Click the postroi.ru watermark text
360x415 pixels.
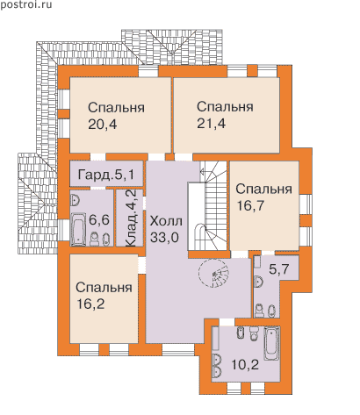pos(26,4)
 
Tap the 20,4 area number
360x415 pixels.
pos(102,125)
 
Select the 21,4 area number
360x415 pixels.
pos(211,124)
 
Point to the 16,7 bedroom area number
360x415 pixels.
pos(250,206)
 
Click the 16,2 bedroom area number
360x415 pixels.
pos(90,304)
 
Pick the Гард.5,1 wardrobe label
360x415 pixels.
pos(106,175)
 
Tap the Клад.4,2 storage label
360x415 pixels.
pos(133,218)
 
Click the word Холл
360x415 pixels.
pos(166,221)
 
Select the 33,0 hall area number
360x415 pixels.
pos(164,238)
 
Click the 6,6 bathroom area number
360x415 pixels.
pos(99,220)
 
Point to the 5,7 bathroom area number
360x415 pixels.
pos(279,269)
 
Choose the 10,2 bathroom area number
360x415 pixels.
pos(245,364)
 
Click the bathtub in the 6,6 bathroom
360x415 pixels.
pos(78,230)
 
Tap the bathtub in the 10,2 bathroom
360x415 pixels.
pos(272,343)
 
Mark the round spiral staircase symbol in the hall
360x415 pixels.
pos(213,274)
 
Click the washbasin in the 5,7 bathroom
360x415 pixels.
pos(259,282)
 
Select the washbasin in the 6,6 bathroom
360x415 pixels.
pos(76,200)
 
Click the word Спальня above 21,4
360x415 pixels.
pos(225,107)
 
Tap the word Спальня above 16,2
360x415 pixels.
pos(104,288)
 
